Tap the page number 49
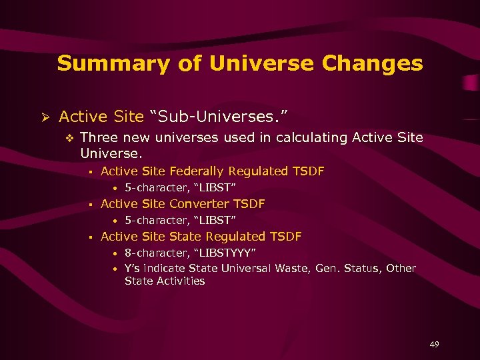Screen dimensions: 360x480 click(434, 344)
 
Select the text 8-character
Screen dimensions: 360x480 click(151, 253)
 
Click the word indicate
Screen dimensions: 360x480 click(165, 268)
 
